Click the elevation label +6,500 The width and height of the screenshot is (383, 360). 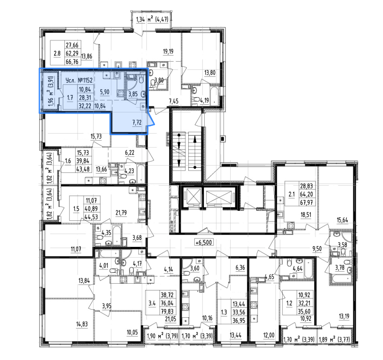pyautogui.click(x=204, y=242)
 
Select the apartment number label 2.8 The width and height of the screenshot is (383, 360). pyautogui.click(x=57, y=53)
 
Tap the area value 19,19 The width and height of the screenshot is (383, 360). pyautogui.click(x=168, y=52)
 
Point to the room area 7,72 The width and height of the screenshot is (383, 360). pyautogui.click(x=137, y=122)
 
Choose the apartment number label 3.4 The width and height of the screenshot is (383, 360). pyautogui.click(x=152, y=304)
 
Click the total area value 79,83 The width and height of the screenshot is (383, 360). pyautogui.click(x=167, y=311)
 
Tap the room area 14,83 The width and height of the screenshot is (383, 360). pyautogui.click(x=82, y=324)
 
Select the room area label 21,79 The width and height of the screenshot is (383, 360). pyautogui.click(x=121, y=213)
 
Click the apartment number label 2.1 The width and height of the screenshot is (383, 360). pyautogui.click(x=292, y=194)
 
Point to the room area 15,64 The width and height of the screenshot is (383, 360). pyautogui.click(x=342, y=220)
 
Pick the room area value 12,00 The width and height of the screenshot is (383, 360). pyautogui.click(x=269, y=335)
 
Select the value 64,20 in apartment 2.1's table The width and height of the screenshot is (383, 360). pyautogui.click(x=306, y=194)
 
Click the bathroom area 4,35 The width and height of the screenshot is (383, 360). pyautogui.click(x=106, y=233)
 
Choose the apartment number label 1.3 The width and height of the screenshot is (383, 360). pyautogui.click(x=224, y=312)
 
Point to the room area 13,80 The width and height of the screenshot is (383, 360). pyautogui.click(x=210, y=73)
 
